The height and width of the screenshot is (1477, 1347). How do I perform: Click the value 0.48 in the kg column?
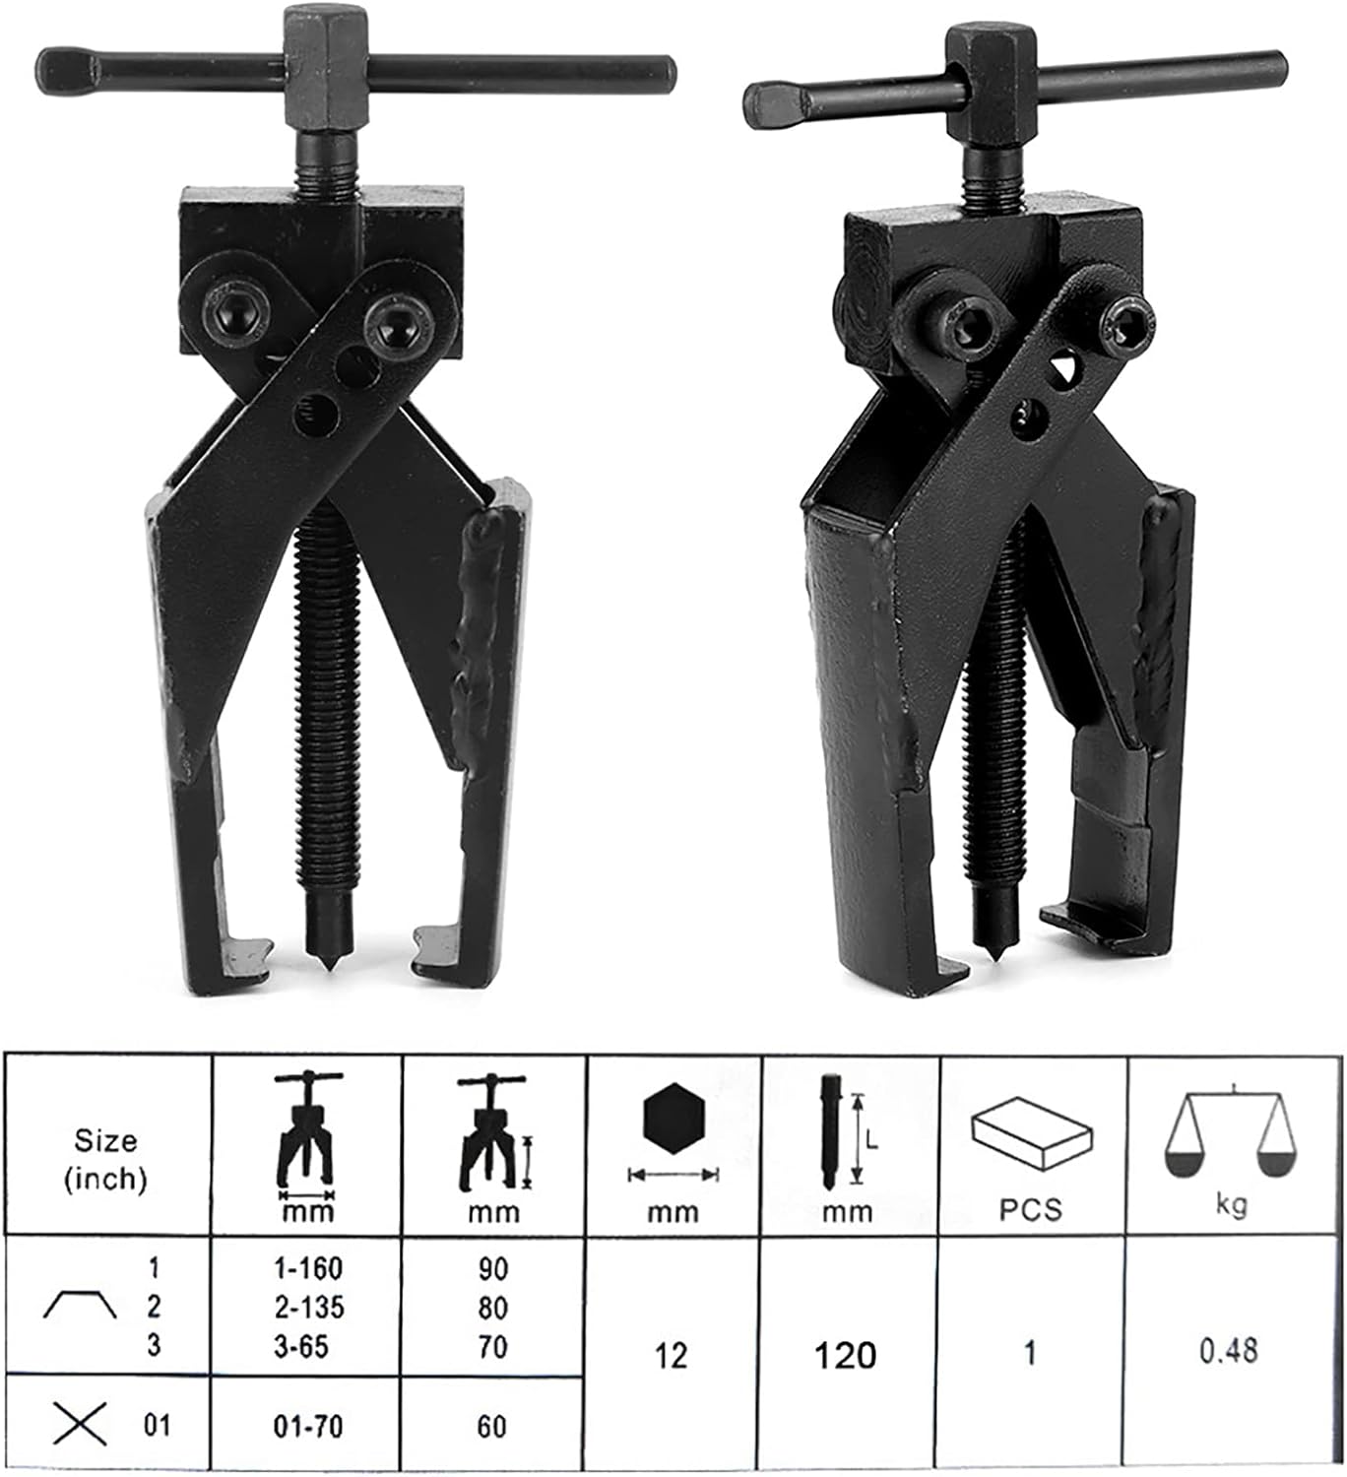[1228, 1350]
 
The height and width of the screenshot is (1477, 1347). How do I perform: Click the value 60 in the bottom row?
[492, 1427]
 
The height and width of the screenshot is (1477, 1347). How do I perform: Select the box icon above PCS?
[1031, 1134]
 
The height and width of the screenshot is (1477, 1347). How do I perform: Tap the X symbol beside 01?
[81, 1424]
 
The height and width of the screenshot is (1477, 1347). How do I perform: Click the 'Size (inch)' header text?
[105, 1160]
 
